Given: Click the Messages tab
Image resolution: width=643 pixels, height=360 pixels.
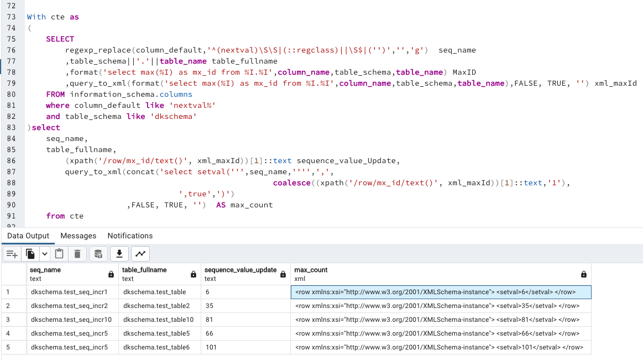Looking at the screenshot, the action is (78, 236).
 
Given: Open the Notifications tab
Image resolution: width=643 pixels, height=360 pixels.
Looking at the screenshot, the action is (130, 236).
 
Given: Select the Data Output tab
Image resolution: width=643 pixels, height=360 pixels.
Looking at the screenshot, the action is (28, 236).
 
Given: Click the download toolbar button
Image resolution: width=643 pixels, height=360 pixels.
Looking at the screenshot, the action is (119, 254).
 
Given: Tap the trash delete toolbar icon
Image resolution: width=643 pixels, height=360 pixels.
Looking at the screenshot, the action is (77, 254).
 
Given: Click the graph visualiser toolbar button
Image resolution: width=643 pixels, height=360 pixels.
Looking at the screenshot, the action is (141, 254).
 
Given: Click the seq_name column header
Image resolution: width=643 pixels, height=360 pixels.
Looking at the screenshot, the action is (45, 270).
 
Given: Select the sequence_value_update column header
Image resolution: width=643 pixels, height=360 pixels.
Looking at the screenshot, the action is (241, 270).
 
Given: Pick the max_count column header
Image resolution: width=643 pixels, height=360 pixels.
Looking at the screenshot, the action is (311, 270).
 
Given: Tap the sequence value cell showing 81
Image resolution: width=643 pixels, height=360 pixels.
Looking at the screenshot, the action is (210, 320).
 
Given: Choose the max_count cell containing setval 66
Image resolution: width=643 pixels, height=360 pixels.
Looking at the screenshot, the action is (437, 333).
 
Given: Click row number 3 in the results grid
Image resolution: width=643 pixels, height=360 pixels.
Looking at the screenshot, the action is (8, 320).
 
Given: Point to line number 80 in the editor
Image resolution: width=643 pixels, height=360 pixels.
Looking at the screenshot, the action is (11, 94).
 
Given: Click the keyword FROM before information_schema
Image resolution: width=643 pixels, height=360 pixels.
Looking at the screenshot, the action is (55, 94).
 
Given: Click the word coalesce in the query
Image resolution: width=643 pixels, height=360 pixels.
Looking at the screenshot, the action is (291, 182).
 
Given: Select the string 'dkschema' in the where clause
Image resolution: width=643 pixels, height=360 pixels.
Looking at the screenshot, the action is (177, 116).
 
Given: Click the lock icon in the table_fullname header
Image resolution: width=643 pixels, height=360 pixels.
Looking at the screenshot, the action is (193, 274).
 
